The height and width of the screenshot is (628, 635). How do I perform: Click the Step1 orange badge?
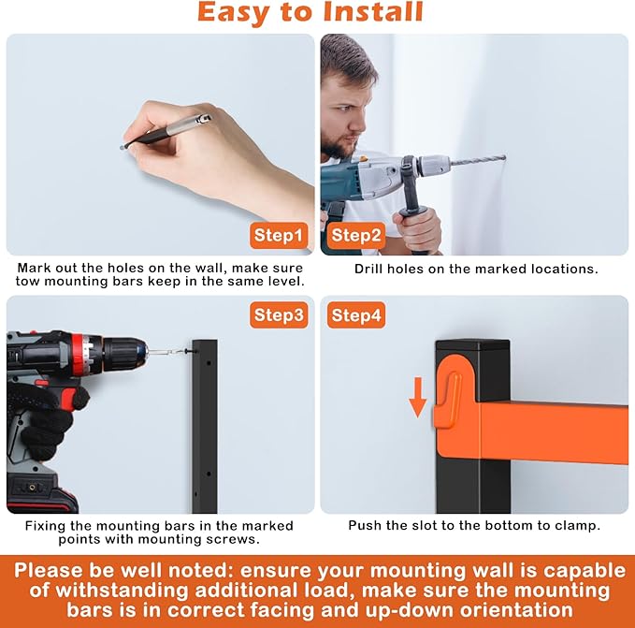click(x=279, y=236)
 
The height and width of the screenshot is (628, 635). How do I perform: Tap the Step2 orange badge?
click(x=356, y=236)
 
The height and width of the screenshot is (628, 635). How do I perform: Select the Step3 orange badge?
click(x=279, y=314)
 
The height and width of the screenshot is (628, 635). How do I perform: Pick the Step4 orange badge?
click(x=356, y=314)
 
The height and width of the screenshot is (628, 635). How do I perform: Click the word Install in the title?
click(x=372, y=11)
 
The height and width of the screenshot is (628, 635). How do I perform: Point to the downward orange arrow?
click(x=417, y=397)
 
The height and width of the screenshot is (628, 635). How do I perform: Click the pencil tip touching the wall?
click(x=122, y=148)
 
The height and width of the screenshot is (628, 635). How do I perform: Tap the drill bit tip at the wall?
click(x=504, y=157)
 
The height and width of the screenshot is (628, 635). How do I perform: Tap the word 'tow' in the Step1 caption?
click(x=27, y=282)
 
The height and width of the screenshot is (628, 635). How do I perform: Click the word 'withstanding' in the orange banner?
click(x=122, y=590)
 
